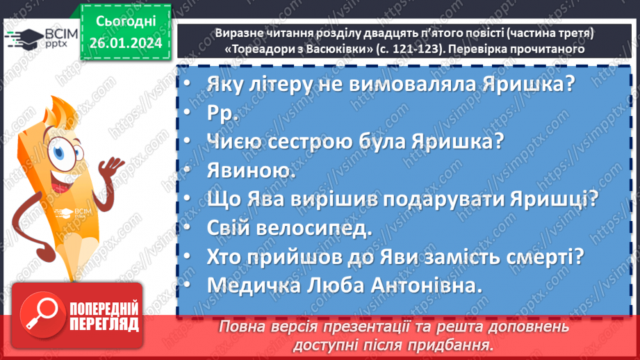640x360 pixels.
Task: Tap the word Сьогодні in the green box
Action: pyautogui.click(x=126, y=22)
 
